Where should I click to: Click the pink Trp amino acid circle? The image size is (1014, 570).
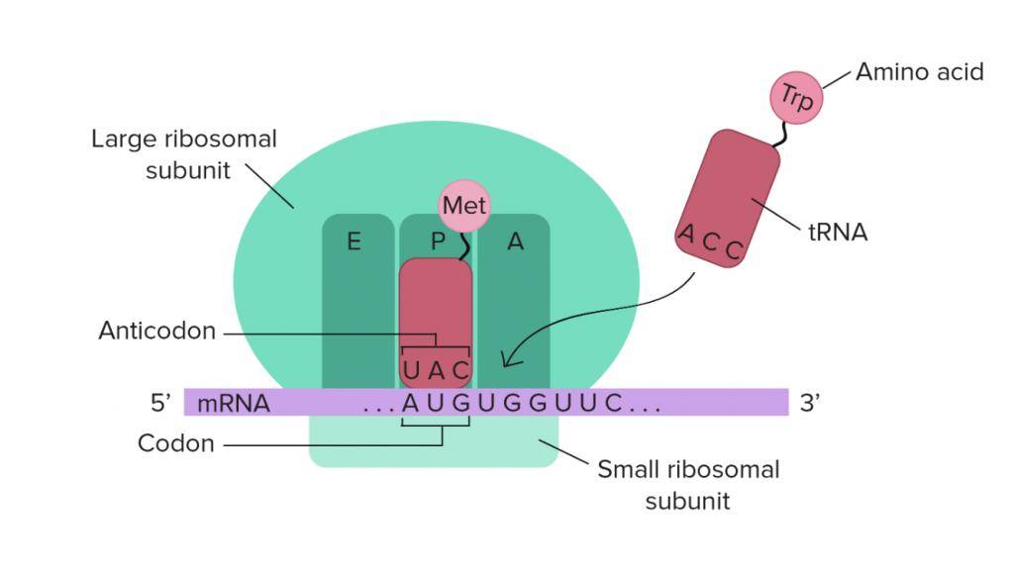[x=796, y=97]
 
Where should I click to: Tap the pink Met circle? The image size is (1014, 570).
[x=464, y=206]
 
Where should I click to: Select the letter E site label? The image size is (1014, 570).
[x=354, y=240]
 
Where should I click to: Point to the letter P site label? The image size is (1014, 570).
[x=437, y=241]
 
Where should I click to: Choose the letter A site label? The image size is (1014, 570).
[x=515, y=240]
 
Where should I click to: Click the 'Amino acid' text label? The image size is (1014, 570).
[x=919, y=71]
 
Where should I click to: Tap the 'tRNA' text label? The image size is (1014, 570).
[x=838, y=233]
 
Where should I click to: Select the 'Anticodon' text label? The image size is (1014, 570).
[x=156, y=331]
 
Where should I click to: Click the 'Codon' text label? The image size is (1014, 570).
[x=175, y=443]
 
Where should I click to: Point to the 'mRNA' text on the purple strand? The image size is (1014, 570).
[x=234, y=404]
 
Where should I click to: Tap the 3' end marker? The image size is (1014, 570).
[x=810, y=403]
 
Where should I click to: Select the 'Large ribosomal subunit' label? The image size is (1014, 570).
[x=184, y=154]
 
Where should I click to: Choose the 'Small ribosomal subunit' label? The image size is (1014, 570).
[x=688, y=484]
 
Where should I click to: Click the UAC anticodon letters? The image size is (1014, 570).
[x=436, y=371]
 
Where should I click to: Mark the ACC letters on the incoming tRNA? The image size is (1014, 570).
[x=709, y=243]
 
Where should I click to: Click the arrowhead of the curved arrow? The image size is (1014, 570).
[x=507, y=361]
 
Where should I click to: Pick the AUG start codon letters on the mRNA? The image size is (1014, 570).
[x=436, y=404]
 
